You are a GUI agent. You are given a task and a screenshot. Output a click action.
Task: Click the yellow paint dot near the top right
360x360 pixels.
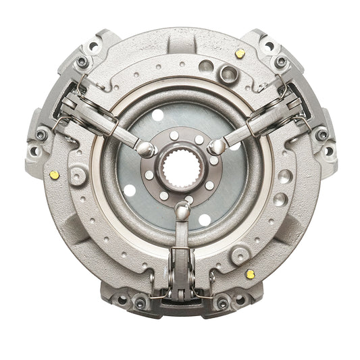(x=240, y=53)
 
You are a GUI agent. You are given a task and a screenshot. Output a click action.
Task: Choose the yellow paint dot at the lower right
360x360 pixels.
(x=251, y=274)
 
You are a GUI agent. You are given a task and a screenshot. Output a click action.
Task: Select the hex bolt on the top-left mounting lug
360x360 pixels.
(x=82, y=61)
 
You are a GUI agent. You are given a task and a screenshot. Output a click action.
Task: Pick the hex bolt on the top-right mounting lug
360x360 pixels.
(x=279, y=61)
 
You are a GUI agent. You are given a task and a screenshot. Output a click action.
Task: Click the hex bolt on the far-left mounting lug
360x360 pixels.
(x=41, y=134)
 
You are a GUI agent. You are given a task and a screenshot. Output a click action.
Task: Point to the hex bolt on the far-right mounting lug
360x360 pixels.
(x=322, y=134)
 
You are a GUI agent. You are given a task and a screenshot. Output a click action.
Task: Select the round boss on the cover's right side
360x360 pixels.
(x=284, y=176)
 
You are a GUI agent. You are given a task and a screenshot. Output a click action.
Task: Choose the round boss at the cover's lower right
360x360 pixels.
(x=239, y=256)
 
